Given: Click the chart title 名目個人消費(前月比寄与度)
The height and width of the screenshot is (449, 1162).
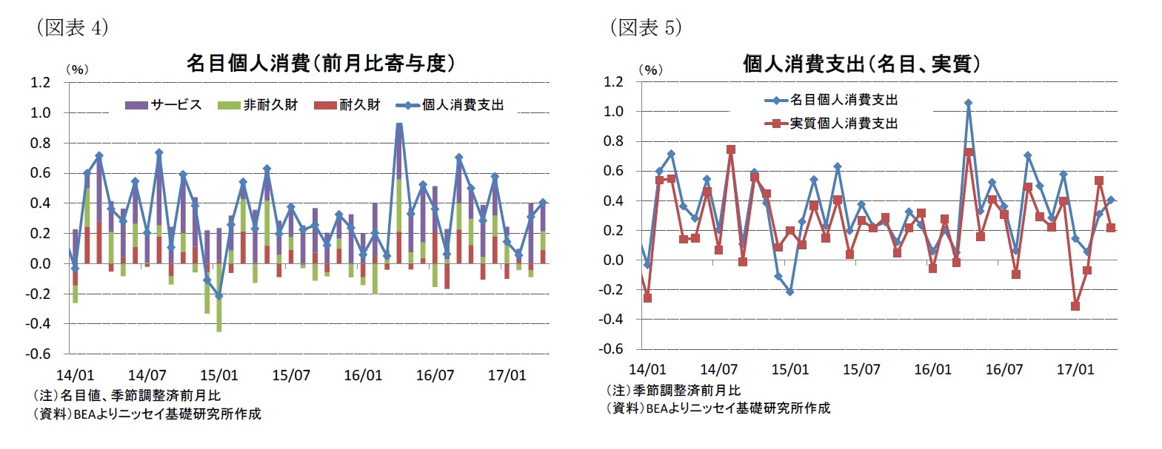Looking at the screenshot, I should pyautogui.click(x=320, y=64).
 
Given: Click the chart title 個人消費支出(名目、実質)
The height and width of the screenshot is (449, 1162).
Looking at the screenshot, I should pyautogui.click(x=861, y=64).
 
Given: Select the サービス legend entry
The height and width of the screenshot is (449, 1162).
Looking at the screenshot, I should pyautogui.click(x=164, y=105).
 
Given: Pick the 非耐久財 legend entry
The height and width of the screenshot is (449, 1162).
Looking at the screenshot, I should pyautogui.click(x=258, y=105).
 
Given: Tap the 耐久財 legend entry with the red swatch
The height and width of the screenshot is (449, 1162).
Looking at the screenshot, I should pyautogui.click(x=347, y=105).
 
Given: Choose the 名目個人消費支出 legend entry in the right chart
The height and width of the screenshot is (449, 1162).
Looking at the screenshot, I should pyautogui.click(x=832, y=100).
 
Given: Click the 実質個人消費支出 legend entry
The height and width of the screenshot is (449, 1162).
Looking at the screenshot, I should pyautogui.click(x=832, y=123).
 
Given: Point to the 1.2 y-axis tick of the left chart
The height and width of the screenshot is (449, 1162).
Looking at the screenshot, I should pyautogui.click(x=41, y=82).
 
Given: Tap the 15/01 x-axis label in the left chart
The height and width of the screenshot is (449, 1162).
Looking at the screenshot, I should pyautogui.click(x=219, y=375).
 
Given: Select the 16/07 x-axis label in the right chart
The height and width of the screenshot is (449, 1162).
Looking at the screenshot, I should pyautogui.click(x=1004, y=369).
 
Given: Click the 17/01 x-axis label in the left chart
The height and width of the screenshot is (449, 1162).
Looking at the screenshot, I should pyautogui.click(x=507, y=375).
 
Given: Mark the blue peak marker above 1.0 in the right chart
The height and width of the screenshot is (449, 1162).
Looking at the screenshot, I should pyautogui.click(x=968, y=103).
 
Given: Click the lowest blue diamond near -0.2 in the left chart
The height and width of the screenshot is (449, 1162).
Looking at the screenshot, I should pyautogui.click(x=218, y=296).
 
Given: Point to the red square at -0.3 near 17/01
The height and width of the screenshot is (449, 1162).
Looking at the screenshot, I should pyautogui.click(x=1075, y=305).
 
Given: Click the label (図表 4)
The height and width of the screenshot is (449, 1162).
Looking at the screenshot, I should pyautogui.click(x=73, y=27).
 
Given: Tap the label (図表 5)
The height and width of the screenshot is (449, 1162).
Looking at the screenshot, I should pyautogui.click(x=646, y=27).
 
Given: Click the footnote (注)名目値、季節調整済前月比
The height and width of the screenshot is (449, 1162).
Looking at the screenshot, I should pyautogui.click(x=127, y=395).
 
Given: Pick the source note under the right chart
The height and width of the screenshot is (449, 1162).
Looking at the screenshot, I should pyautogui.click(x=718, y=408).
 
